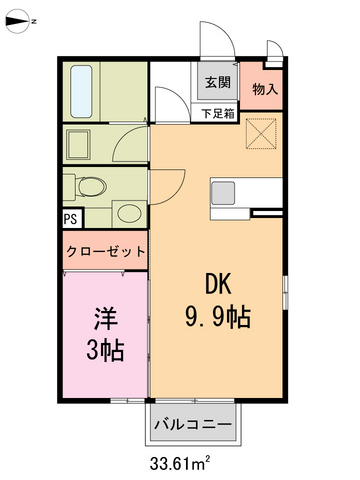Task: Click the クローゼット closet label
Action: click(106, 251)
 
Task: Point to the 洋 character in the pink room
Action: click(106, 320)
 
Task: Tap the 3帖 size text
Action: click(106, 351)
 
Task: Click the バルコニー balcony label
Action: click(193, 425)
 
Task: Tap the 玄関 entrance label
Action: click(218, 83)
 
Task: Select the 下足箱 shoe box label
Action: click(218, 113)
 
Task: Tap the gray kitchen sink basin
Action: click(222, 191)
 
